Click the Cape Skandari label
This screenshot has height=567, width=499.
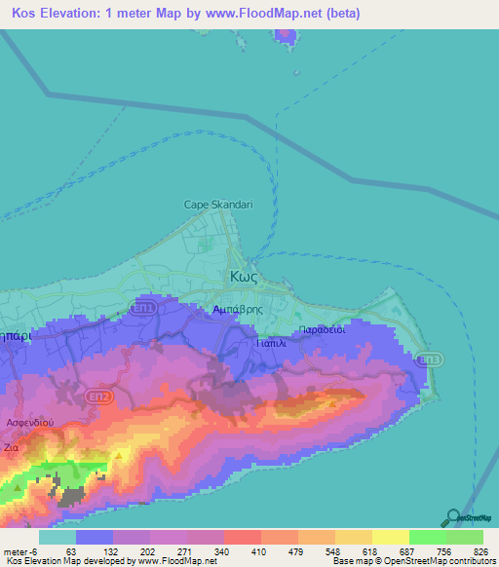[x=219, y=205]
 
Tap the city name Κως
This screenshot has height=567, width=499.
[x=243, y=276]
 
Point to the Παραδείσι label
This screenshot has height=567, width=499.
[x=324, y=328]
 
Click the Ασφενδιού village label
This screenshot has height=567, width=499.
[x=28, y=424]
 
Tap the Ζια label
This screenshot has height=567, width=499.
[x=12, y=447]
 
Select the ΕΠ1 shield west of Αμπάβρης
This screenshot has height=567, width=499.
[x=143, y=308]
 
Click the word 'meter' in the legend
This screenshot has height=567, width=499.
[x=15, y=552]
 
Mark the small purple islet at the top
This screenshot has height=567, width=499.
[x=285, y=35]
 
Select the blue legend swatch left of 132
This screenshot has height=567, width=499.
[x=95, y=537]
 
